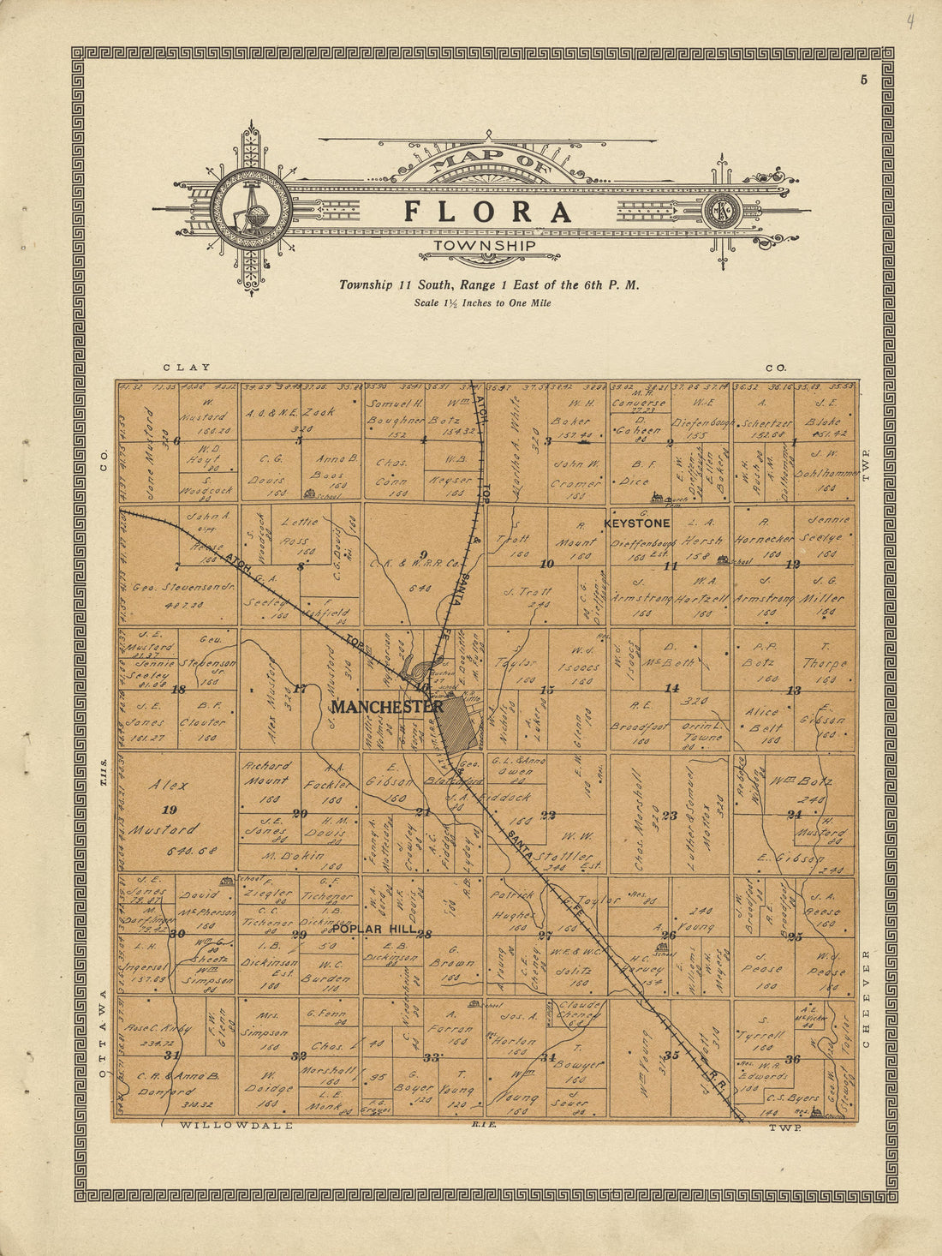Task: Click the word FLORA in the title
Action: pyautogui.click(x=487, y=212)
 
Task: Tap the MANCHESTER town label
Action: pyautogui.click(x=387, y=707)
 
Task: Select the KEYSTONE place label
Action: pyautogui.click(x=637, y=523)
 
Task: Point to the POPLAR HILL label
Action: pyautogui.click(x=374, y=930)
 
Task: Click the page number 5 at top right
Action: pyautogui.click(x=864, y=81)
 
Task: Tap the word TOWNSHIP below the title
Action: pyautogui.click(x=485, y=246)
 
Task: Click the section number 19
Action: pyautogui.click(x=169, y=809)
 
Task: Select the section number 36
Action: pyautogui.click(x=793, y=1059)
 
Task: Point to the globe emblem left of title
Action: pyautogui.click(x=252, y=210)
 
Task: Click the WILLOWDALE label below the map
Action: pyautogui.click(x=236, y=1125)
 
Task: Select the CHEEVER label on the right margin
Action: pyautogui.click(x=865, y=999)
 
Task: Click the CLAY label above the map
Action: pyautogui.click(x=187, y=368)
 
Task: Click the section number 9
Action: pyautogui.click(x=422, y=554)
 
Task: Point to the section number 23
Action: pyautogui.click(x=670, y=815)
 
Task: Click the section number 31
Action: pyautogui.click(x=172, y=1055)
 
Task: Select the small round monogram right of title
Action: pyautogui.click(x=721, y=211)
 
